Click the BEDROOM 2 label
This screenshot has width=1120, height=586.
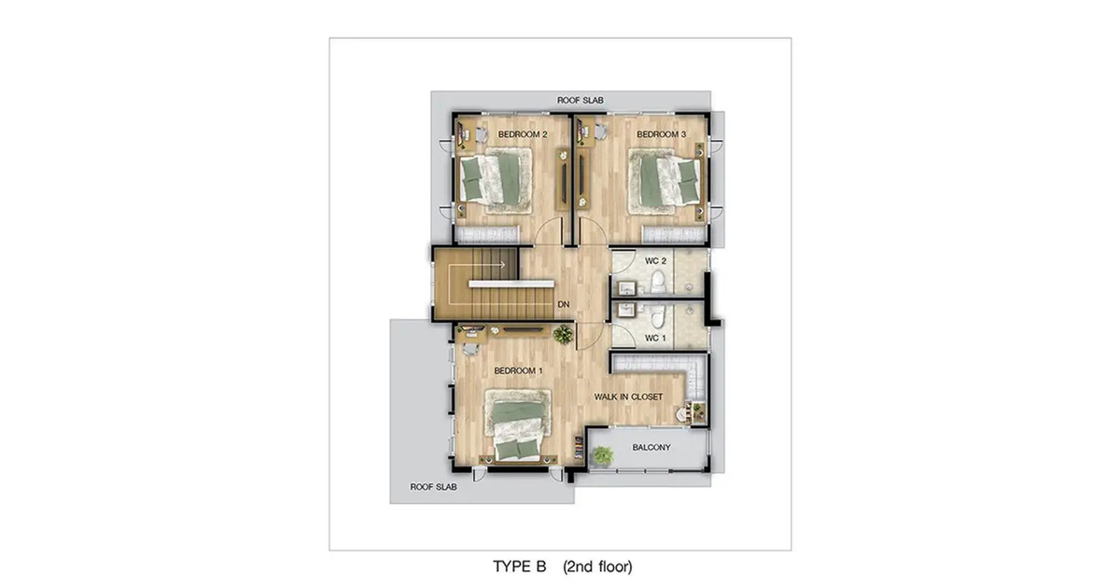coord(523,134)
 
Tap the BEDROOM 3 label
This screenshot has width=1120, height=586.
coord(661,134)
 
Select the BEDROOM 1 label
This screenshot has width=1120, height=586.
coord(518,371)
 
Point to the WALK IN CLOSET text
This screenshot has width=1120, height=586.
coord(628,397)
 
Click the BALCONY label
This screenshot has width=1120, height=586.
coord(651,448)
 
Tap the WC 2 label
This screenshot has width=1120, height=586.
coord(655,261)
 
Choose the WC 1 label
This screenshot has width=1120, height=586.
coord(655,339)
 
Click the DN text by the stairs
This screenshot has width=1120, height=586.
coord(564,304)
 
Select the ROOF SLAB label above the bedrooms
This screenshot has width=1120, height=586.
coord(580,101)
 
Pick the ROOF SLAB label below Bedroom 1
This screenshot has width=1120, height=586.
coord(433,487)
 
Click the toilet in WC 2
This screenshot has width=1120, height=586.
coord(657,283)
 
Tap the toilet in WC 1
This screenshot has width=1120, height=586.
coord(657,315)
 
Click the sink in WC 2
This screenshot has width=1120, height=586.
coord(626,288)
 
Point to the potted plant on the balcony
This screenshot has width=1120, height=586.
coord(602,456)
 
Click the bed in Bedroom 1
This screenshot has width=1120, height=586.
coord(517,430)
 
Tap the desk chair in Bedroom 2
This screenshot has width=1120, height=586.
coord(481,134)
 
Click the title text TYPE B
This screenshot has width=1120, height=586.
coord(520,566)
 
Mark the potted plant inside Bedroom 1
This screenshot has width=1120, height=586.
coord(563,334)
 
